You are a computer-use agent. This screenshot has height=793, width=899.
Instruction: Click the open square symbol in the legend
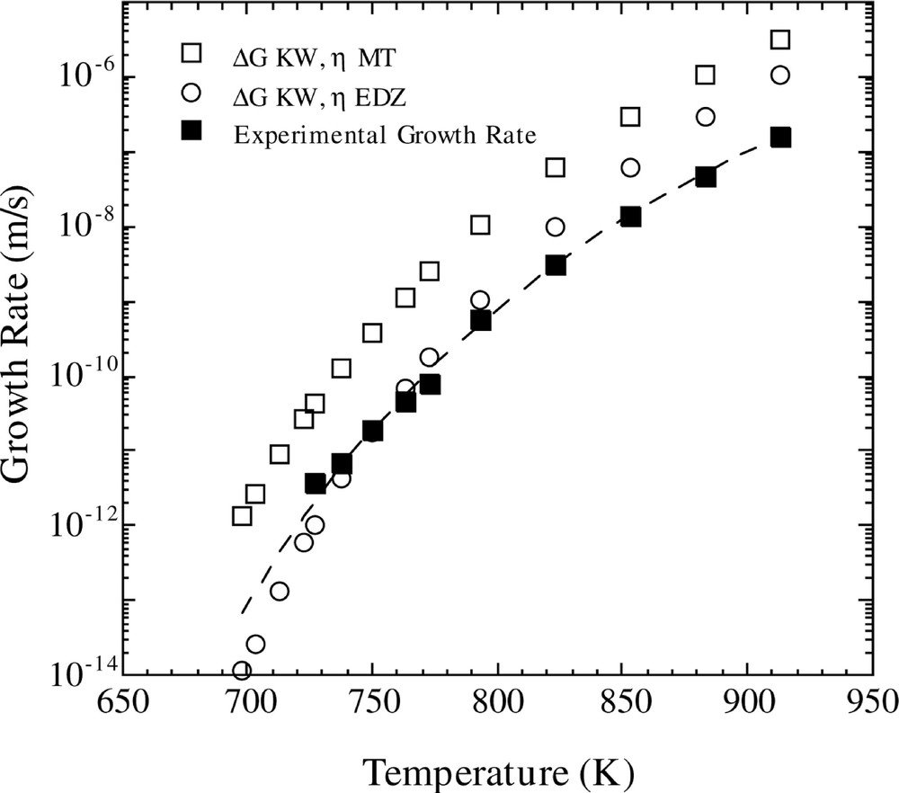click(x=191, y=54)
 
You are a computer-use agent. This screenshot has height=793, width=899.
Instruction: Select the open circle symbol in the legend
click(x=191, y=94)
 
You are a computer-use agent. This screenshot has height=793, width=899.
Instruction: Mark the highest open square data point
click(x=780, y=40)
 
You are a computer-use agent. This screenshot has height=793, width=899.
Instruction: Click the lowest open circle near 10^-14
click(x=242, y=671)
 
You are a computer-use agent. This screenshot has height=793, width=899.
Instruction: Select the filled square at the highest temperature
click(x=780, y=138)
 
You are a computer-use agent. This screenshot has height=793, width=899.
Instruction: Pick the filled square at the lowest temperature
click(x=316, y=484)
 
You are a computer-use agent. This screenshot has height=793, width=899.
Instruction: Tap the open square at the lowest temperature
click(x=242, y=516)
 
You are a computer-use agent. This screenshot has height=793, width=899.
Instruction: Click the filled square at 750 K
click(x=372, y=432)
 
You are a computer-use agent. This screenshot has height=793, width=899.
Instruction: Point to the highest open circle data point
click(x=780, y=75)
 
